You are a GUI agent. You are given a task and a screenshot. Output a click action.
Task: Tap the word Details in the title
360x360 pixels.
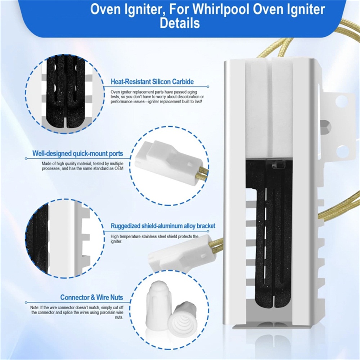pyautogui.click(x=180, y=23)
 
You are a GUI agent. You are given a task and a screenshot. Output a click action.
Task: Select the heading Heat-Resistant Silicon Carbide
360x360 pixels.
pyautogui.click(x=152, y=82)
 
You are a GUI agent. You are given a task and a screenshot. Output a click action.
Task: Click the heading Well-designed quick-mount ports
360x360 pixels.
pyautogui.click(x=78, y=153)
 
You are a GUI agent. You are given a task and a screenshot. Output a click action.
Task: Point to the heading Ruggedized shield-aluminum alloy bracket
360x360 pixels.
pyautogui.click(x=163, y=226)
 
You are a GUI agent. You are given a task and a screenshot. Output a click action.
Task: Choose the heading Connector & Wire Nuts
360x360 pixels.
pyautogui.click(x=91, y=297)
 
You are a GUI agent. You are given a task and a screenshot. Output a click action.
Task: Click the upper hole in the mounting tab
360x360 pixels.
pyautogui.click(x=341, y=101)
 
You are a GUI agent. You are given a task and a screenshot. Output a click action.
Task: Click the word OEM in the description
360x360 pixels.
pyautogui.click(x=119, y=168)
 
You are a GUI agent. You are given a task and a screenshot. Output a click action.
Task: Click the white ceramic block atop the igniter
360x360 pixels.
pyautogui.click(x=269, y=108)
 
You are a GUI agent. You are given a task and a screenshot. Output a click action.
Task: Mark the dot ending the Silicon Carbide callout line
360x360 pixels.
pyautogui.click(x=208, y=86)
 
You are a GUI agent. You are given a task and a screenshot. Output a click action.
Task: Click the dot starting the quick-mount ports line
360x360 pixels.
pyautogui.click(x=26, y=158)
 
